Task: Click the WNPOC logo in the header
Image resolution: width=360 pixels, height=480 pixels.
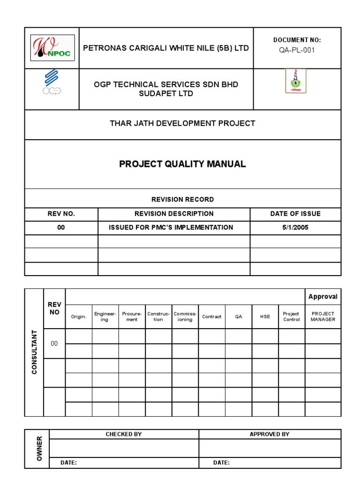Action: click(x=52, y=48)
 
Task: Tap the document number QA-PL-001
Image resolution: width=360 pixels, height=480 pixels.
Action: click(x=297, y=51)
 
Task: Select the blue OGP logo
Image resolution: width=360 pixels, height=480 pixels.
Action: click(x=52, y=82)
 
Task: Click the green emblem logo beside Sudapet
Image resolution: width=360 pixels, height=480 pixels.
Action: click(x=296, y=81)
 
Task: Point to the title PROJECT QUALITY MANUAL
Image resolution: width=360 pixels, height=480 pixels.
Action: click(x=182, y=164)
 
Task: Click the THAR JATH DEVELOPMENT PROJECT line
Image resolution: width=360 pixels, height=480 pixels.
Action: click(x=182, y=123)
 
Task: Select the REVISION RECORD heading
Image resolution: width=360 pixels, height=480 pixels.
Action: click(x=182, y=199)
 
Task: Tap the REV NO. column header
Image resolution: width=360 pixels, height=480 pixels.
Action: click(x=61, y=214)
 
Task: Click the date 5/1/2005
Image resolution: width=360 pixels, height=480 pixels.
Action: click(x=295, y=227)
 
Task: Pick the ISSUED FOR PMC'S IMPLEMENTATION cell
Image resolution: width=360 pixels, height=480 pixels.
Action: click(x=171, y=227)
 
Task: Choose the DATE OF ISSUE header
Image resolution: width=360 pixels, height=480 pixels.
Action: click(x=295, y=214)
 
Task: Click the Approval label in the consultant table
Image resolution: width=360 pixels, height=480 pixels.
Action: click(x=322, y=297)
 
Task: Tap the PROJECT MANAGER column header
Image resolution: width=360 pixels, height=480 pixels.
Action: click(x=323, y=316)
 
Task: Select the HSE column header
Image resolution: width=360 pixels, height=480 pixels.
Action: click(x=265, y=317)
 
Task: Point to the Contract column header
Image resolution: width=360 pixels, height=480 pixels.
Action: click(x=211, y=317)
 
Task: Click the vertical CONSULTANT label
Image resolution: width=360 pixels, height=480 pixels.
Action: click(x=34, y=352)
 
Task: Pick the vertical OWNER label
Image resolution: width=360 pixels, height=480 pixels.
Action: click(x=39, y=448)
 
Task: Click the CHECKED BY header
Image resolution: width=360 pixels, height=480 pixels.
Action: click(x=124, y=434)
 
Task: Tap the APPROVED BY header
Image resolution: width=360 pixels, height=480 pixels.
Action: click(x=270, y=434)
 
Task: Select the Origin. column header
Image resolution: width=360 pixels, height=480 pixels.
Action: click(x=79, y=317)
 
